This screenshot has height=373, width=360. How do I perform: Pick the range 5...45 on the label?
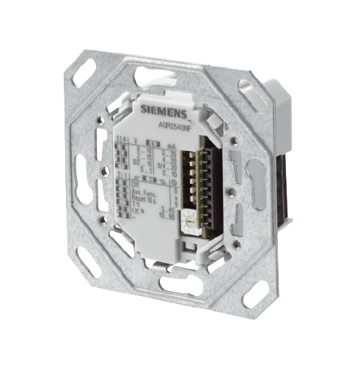tap(169, 211)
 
